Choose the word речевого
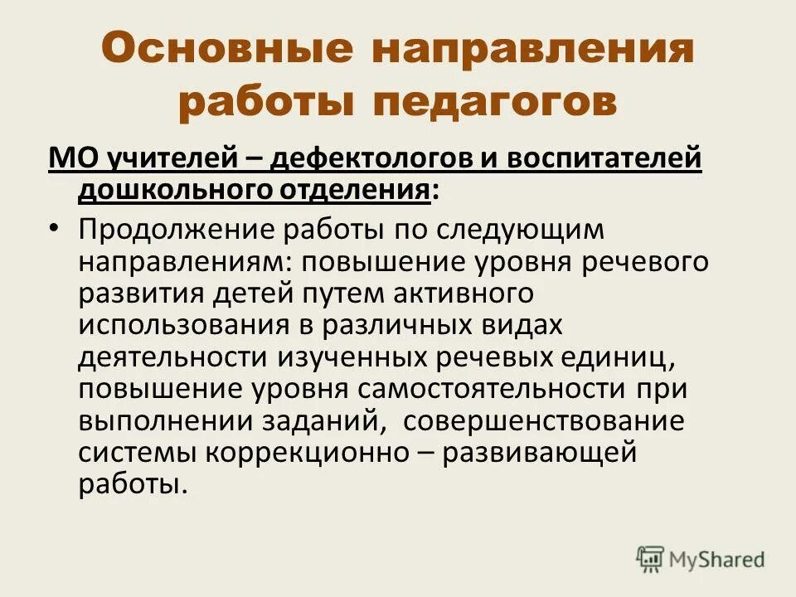point(638,261)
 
